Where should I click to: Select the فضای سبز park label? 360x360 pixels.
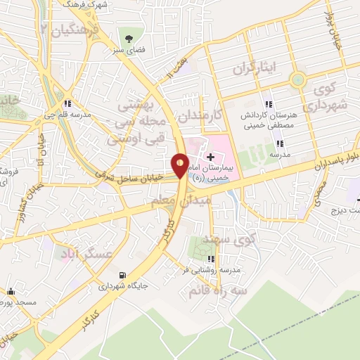click(x=129, y=51)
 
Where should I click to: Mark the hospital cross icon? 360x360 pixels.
click(x=211, y=154)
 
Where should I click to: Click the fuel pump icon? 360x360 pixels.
click(x=124, y=275)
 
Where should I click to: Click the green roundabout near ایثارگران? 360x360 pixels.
click(x=299, y=79)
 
